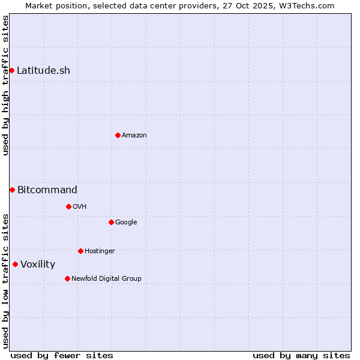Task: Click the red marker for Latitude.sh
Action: point(12,70)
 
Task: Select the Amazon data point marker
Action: point(118,135)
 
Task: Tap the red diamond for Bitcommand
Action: point(12,190)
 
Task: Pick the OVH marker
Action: point(68,206)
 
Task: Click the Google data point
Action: point(111,222)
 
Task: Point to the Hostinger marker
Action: point(80,251)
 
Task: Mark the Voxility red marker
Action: point(15,264)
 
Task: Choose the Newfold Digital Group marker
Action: point(67,278)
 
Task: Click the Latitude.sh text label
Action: point(43,70)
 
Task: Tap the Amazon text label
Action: point(134,135)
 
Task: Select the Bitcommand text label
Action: point(47,190)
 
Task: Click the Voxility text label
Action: point(38,264)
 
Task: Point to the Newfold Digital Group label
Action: point(106,278)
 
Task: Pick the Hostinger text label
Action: point(100,251)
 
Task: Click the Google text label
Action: point(126,222)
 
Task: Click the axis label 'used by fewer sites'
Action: point(62,355)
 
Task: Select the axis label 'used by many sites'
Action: point(301,355)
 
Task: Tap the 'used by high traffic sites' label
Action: point(5,85)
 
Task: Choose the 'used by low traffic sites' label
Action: point(5,281)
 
